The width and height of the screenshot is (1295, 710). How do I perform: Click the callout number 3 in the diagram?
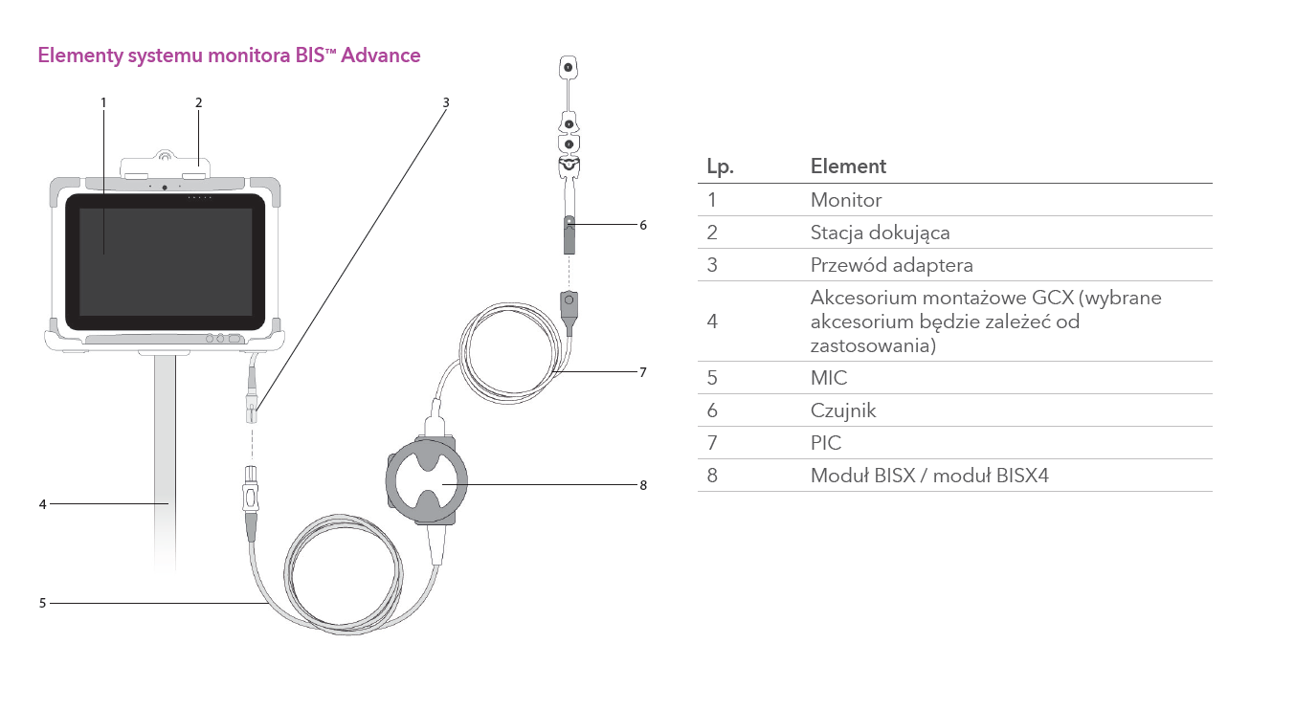click(x=446, y=103)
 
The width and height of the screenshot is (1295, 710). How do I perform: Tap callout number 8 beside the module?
click(x=643, y=485)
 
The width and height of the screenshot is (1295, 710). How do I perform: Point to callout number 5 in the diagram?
click(x=42, y=603)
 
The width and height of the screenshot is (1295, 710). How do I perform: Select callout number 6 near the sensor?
click(x=643, y=225)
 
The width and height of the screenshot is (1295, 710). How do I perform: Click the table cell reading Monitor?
click(x=846, y=200)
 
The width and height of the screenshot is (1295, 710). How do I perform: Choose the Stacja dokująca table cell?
click(x=880, y=233)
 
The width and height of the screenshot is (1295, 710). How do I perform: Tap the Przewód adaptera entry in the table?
click(x=891, y=265)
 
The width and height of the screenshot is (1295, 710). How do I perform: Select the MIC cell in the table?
click(x=829, y=378)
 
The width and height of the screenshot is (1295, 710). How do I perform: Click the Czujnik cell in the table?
click(x=843, y=410)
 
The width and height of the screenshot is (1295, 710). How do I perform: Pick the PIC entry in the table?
click(x=826, y=443)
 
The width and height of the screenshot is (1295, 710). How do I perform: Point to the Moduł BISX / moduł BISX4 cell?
click(x=929, y=476)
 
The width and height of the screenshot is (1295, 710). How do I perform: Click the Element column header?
click(x=848, y=166)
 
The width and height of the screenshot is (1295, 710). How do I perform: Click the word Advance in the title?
click(x=380, y=55)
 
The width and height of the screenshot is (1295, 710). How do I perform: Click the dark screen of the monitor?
click(x=166, y=262)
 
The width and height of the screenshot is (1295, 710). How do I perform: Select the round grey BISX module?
click(x=427, y=481)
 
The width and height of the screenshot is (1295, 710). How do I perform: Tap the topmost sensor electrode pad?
click(x=569, y=68)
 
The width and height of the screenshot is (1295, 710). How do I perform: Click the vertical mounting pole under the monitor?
click(x=165, y=462)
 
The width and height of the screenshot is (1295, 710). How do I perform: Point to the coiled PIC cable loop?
click(x=510, y=353)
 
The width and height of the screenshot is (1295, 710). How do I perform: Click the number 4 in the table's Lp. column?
click(x=712, y=322)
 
